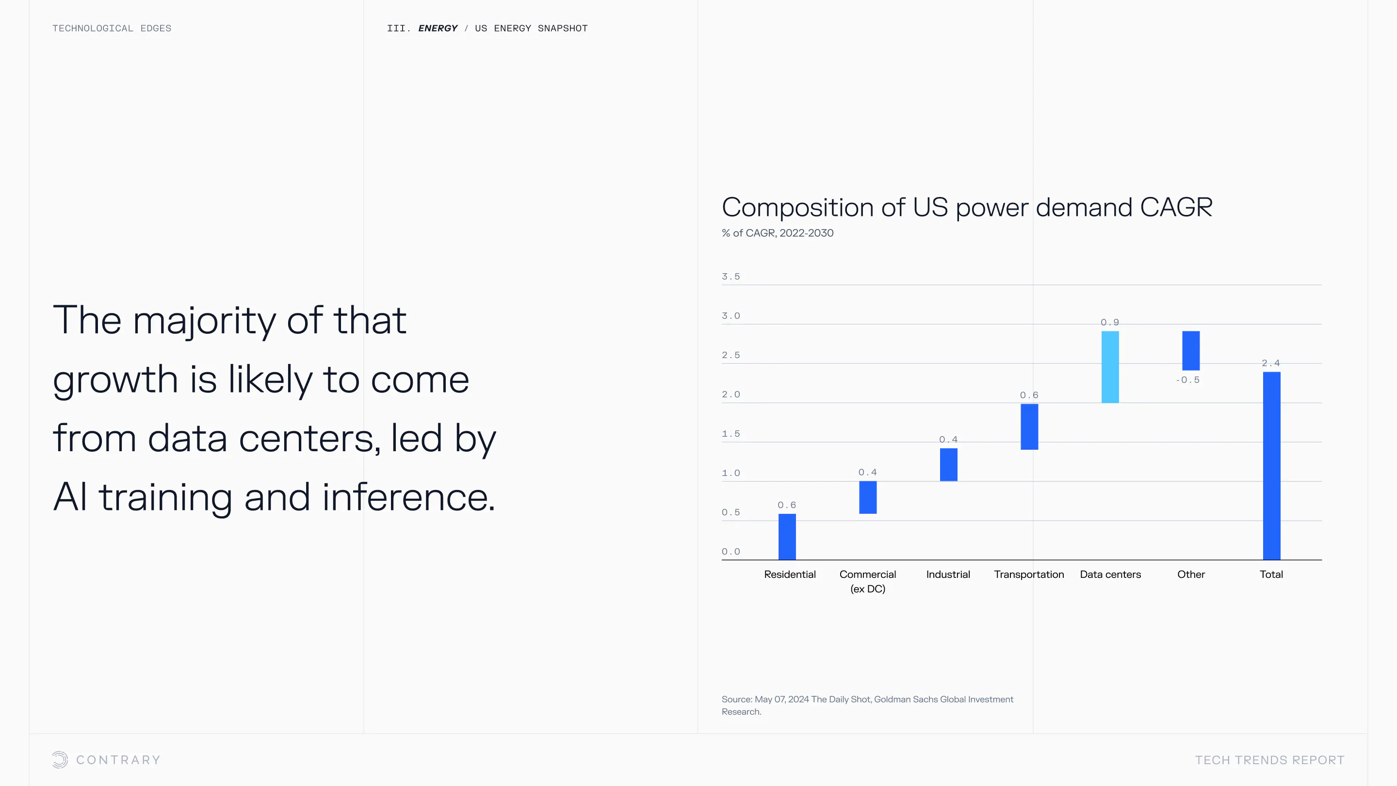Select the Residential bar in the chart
pos(787,537)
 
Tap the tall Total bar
pos(1271,465)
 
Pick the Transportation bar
pos(1029,426)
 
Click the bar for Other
pos(1190,350)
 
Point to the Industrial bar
pos(948,464)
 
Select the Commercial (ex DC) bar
pos(868,497)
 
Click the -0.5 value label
pos(1187,380)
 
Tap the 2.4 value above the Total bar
pos(1271,363)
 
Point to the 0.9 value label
pos(1109,322)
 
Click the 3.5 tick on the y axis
pos(731,277)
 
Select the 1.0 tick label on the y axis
pos(731,473)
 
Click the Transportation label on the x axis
pos(1029,574)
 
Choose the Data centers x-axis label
pos(1110,574)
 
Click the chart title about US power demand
pos(967,207)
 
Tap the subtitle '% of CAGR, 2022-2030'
pos(778,233)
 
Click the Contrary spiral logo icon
pos(60,759)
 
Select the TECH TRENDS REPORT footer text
pos(1269,760)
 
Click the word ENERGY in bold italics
pos(438,28)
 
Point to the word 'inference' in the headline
pos(408,497)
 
